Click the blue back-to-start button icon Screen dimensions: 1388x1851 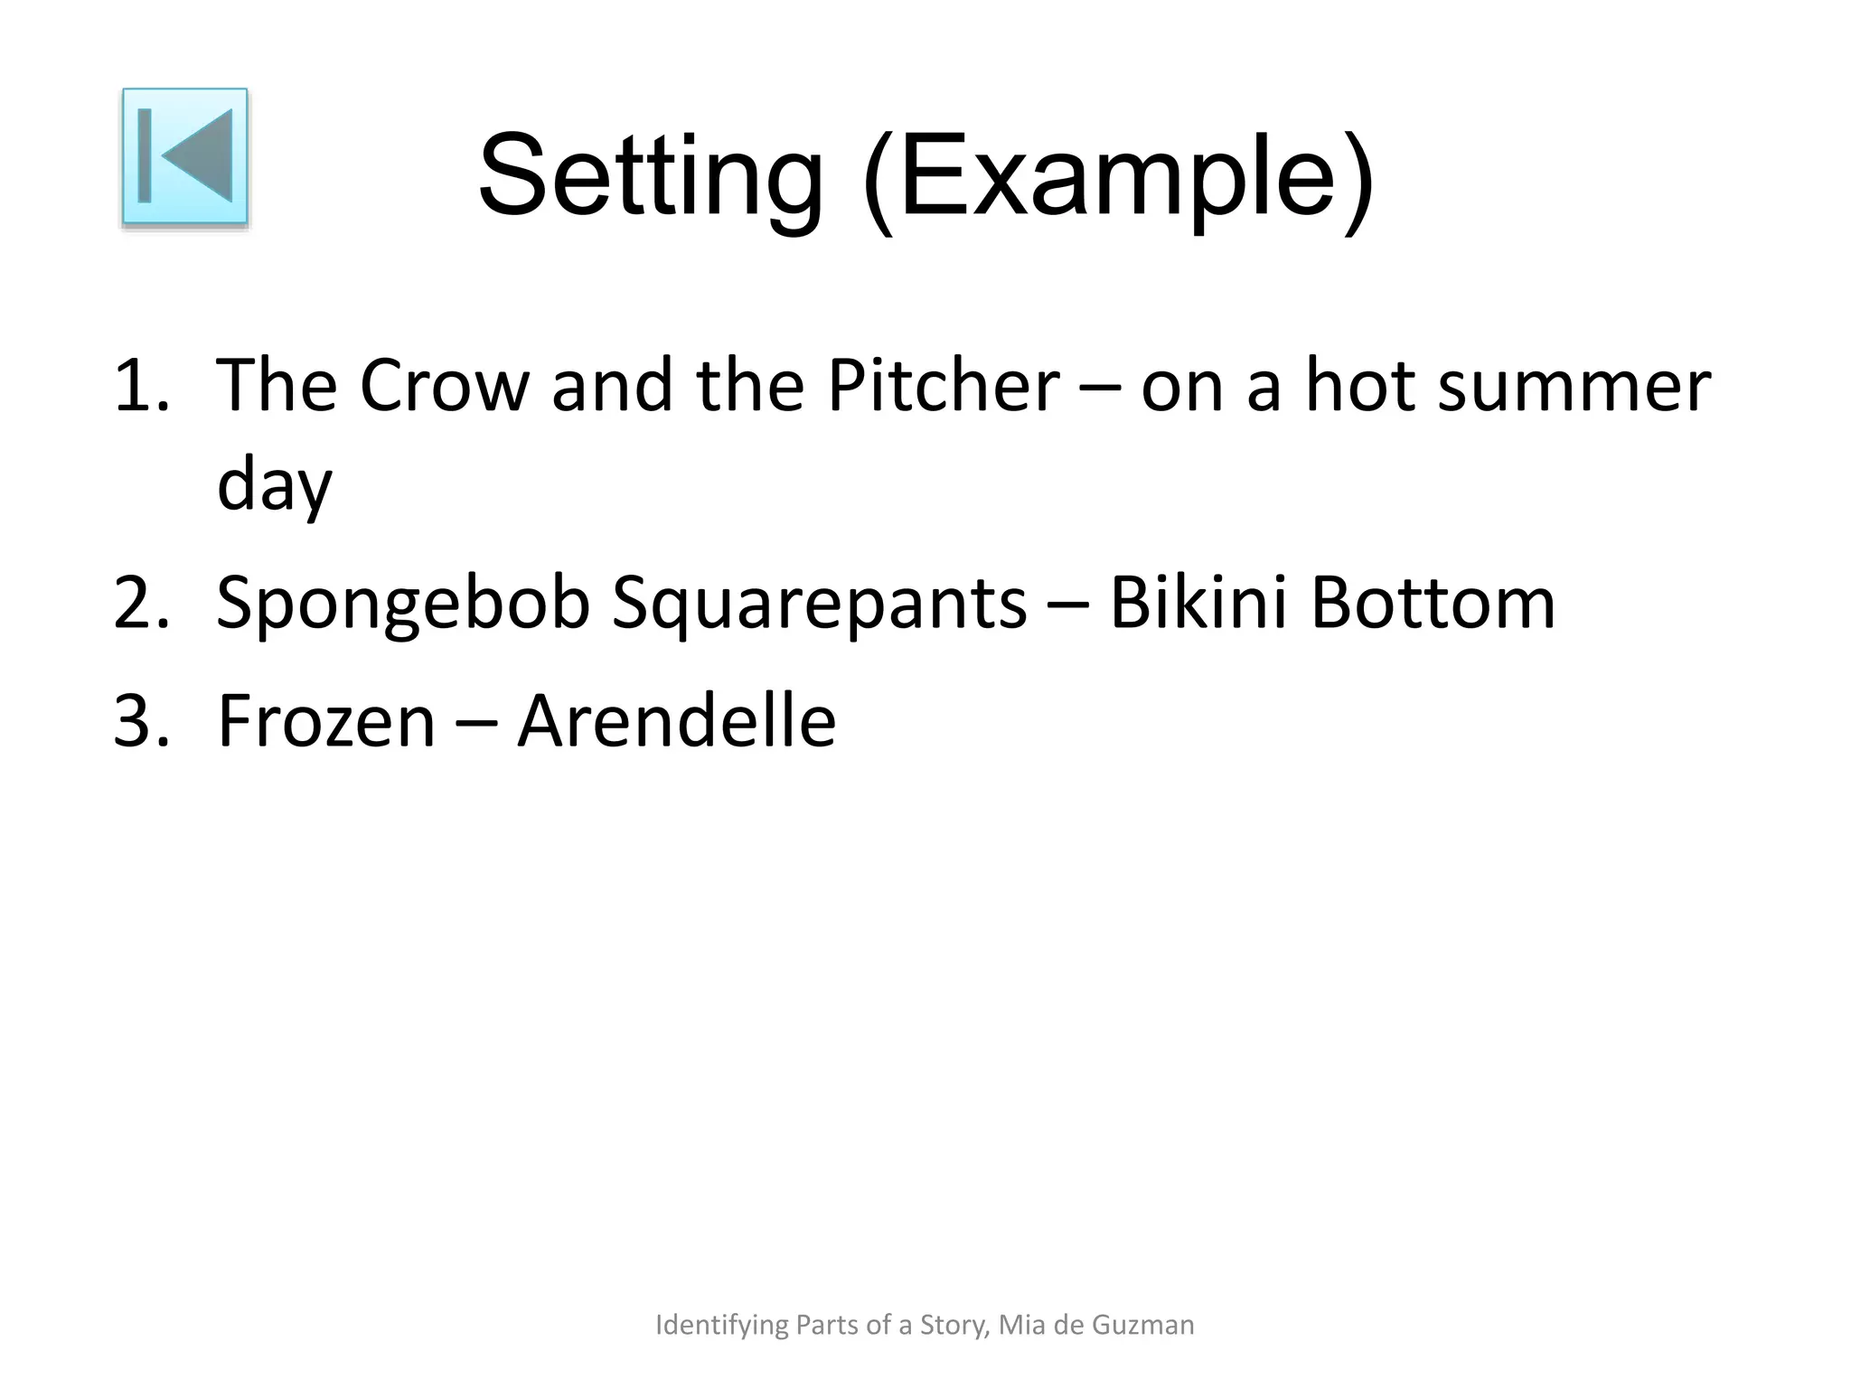pos(185,156)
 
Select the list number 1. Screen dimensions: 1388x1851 pos(140,386)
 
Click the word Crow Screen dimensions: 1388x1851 pos(444,386)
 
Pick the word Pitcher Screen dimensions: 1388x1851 pos(943,386)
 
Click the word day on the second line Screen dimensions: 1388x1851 pos(275,485)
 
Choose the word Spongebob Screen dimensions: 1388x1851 pos(403,603)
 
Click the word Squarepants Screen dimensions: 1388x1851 pos(819,603)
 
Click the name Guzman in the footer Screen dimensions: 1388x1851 pos(1143,1325)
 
